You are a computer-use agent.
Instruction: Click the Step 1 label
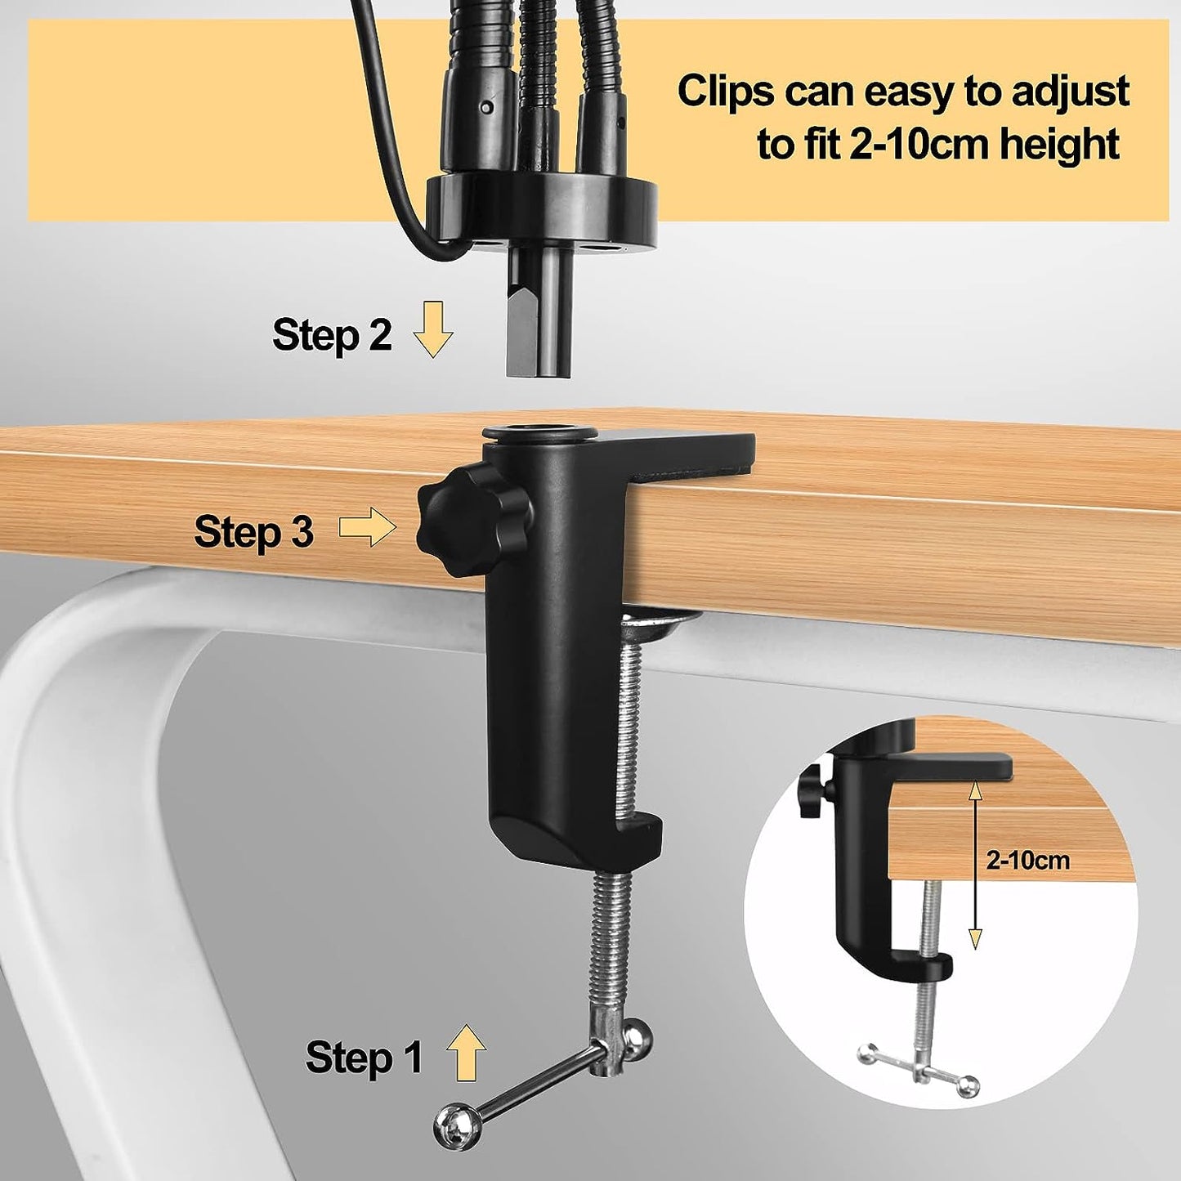[364, 1057]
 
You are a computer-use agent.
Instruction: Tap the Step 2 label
[332, 335]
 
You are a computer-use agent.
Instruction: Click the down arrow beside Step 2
[432, 329]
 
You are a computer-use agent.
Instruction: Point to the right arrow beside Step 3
[368, 526]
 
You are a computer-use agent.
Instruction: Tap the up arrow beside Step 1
[466, 1052]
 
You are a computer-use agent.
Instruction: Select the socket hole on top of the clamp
[539, 432]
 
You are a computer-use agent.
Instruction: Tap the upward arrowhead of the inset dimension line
[975, 795]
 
